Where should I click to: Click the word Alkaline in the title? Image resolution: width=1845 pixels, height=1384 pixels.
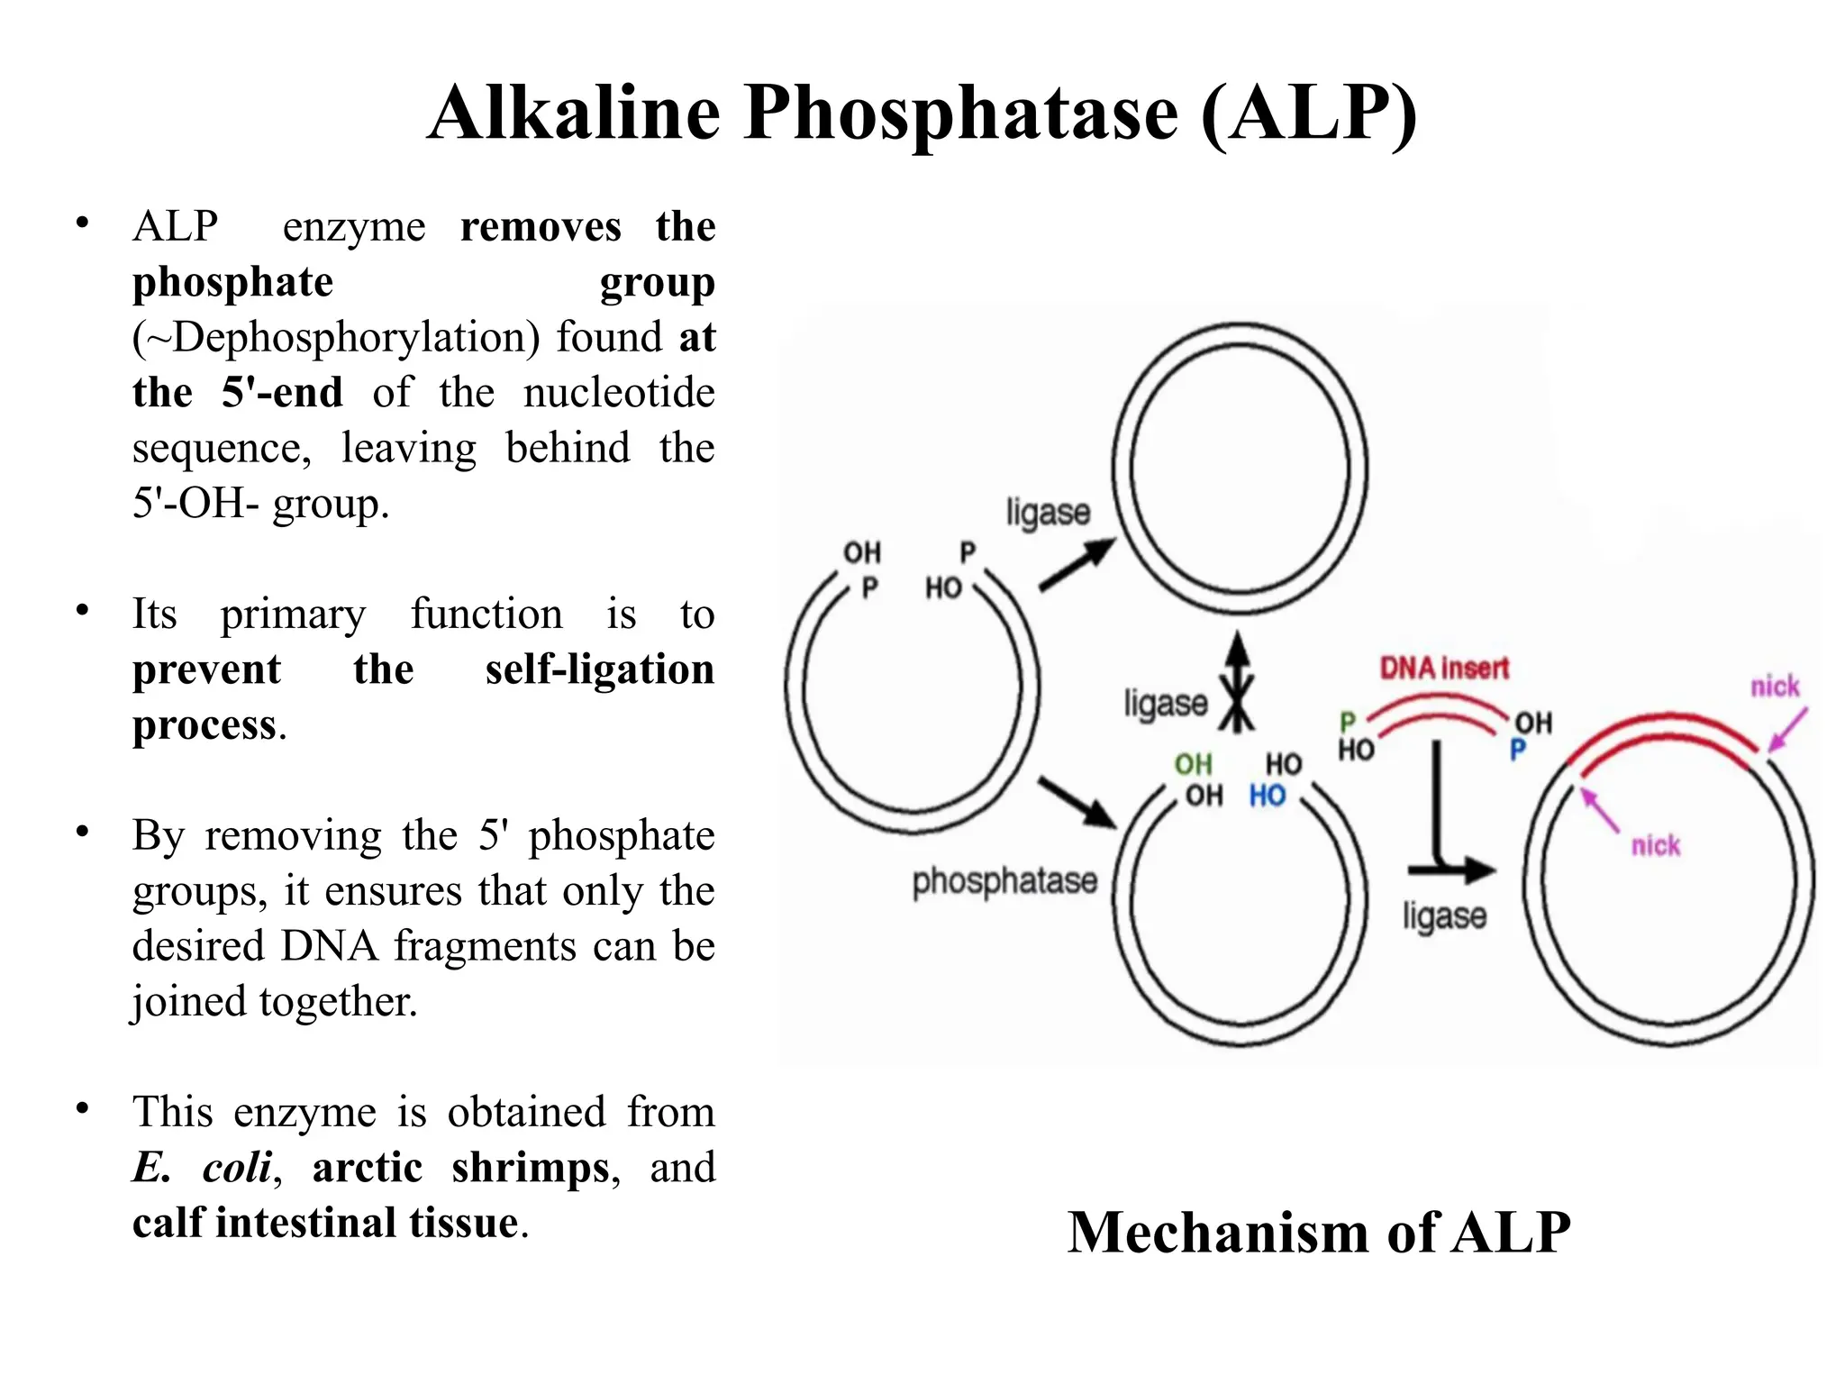click(x=574, y=114)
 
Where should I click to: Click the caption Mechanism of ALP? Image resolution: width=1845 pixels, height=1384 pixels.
click(x=1319, y=1232)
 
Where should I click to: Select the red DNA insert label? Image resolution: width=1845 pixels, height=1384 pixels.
click(x=1444, y=669)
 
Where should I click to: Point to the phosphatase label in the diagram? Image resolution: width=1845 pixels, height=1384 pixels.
click(x=1004, y=881)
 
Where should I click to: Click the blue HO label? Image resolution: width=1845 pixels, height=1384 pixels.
click(x=1267, y=797)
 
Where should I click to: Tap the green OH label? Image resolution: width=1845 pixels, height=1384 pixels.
click(x=1193, y=765)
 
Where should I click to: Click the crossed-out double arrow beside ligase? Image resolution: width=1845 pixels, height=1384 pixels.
click(x=1238, y=682)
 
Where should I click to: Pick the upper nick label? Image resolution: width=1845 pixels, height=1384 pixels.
click(x=1774, y=687)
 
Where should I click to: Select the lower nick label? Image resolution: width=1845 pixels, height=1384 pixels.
click(x=1655, y=846)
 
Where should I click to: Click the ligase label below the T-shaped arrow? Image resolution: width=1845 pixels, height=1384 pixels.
click(x=1444, y=916)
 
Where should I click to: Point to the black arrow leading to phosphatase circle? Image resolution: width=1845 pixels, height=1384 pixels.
click(x=1077, y=802)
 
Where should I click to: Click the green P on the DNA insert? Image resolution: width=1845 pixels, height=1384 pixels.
click(x=1348, y=722)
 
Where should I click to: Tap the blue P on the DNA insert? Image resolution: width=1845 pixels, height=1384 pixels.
click(x=1518, y=750)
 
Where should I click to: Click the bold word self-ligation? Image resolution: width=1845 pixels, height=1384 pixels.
click(x=599, y=669)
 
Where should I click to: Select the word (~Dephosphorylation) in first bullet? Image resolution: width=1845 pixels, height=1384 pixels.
click(x=336, y=338)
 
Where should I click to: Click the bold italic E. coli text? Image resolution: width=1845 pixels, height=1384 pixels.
click(x=202, y=1168)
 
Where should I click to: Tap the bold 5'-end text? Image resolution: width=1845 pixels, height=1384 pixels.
click(x=282, y=393)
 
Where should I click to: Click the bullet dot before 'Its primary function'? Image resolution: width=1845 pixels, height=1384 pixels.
click(x=83, y=610)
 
